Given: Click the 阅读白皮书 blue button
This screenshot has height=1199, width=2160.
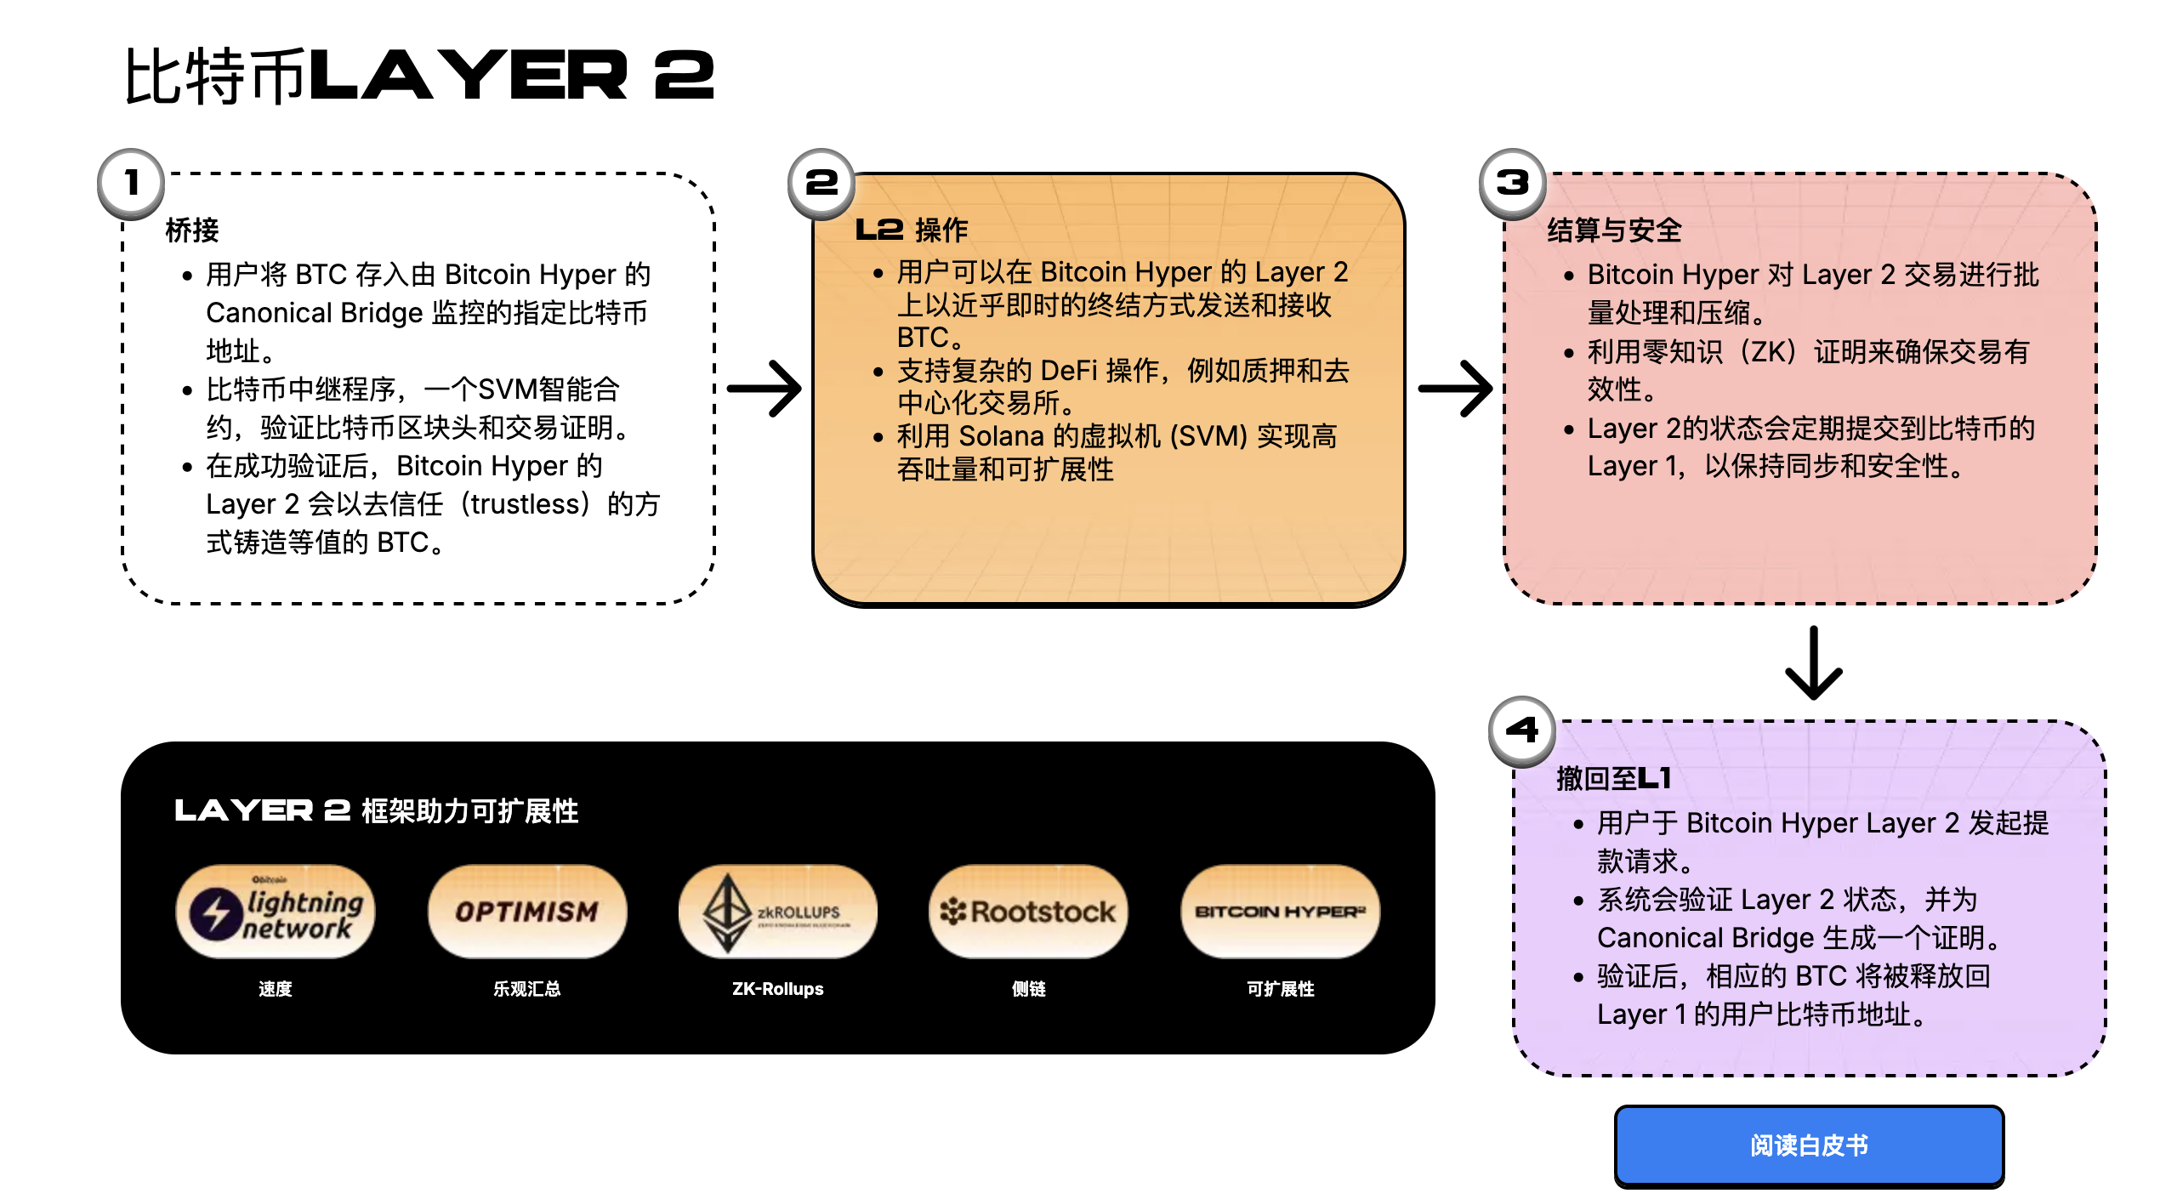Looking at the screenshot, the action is tap(1809, 1145).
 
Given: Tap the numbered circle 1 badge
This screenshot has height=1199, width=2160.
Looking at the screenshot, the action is tap(131, 183).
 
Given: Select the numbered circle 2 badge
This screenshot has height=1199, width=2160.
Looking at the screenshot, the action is tap(821, 183).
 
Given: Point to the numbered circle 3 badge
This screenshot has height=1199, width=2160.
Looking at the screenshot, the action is tap(1513, 183).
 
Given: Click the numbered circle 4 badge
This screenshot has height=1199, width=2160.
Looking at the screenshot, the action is tap(1522, 730).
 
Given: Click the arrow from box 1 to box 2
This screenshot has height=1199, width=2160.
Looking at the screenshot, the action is tap(764, 389).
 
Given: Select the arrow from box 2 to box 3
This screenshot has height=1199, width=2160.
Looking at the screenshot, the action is tap(1455, 389).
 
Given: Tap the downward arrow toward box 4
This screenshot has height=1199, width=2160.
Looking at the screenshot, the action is tap(1814, 663).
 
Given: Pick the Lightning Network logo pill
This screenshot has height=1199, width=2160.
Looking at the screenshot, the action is tap(276, 912).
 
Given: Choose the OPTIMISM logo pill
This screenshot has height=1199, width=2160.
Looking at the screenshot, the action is tap(527, 912).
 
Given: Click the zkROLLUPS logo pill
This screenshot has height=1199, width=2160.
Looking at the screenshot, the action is tap(778, 912).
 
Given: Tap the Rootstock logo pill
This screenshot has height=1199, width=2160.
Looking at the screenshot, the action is tap(1029, 912).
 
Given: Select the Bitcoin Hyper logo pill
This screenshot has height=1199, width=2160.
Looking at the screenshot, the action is tap(1281, 912).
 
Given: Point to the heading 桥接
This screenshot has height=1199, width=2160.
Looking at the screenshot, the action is tap(192, 230).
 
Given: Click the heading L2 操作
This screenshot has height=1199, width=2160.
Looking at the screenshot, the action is tap(912, 230).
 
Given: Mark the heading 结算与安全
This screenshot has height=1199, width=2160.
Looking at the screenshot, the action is tap(1615, 230).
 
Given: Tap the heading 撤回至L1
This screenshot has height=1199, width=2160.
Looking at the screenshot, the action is tap(1614, 778).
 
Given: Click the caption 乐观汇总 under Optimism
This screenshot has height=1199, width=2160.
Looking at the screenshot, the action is tap(527, 989).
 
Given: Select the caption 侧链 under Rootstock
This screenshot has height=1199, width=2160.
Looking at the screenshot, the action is tap(1029, 989).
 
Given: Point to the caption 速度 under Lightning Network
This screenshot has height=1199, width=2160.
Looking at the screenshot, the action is tap(276, 989).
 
